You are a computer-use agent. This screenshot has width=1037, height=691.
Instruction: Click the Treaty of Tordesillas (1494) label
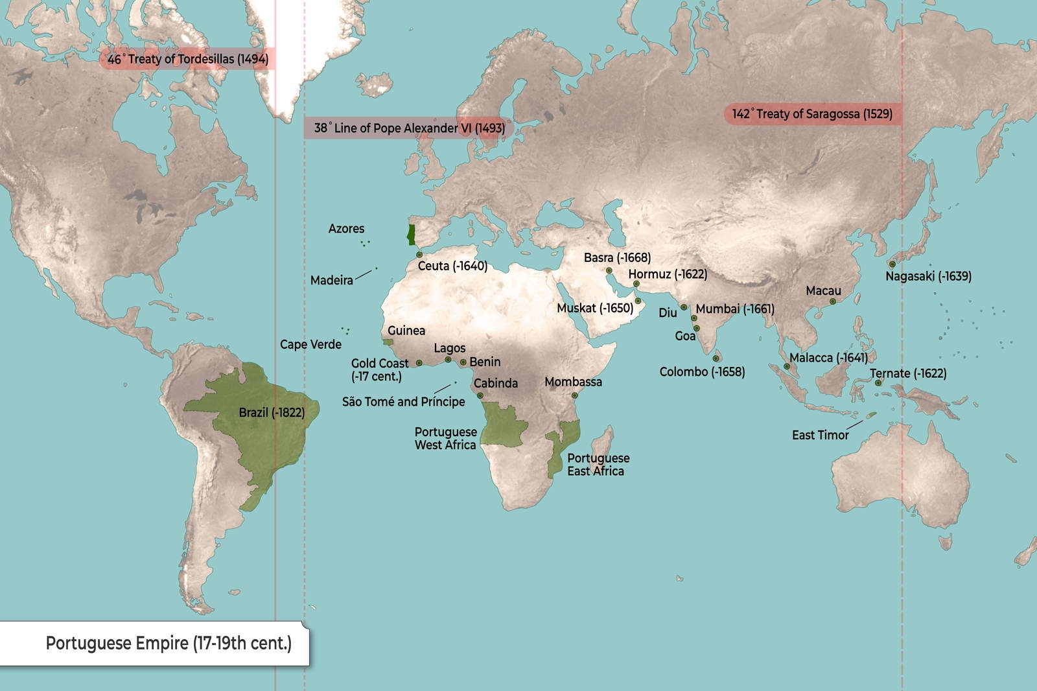[x=188, y=59]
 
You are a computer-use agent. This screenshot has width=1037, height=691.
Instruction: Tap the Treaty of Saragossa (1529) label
[x=812, y=114]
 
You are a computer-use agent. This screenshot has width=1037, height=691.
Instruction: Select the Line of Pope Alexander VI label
[x=409, y=128]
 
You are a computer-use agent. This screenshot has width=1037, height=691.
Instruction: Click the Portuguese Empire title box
[x=169, y=643]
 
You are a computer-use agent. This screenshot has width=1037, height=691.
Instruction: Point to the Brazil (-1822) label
[x=272, y=412]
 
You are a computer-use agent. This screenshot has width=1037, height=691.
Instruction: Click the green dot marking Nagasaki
[x=892, y=264]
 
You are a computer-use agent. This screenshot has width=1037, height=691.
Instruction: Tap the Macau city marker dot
[x=833, y=301]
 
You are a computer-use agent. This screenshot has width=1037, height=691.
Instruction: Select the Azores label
[x=346, y=229]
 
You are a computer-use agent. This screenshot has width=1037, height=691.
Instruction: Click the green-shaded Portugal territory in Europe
[x=410, y=234]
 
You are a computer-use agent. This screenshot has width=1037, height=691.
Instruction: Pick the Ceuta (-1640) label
[x=452, y=266]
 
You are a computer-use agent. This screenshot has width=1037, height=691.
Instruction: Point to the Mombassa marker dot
[x=574, y=395]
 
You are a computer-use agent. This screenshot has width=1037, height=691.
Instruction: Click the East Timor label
[x=820, y=435]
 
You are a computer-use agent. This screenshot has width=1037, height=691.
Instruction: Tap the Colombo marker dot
[x=716, y=358]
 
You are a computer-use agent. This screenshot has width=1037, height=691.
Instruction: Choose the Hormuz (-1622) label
[x=668, y=274]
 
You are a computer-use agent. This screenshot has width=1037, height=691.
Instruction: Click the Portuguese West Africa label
[x=445, y=438]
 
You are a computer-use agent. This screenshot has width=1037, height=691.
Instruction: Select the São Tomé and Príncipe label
[x=403, y=402]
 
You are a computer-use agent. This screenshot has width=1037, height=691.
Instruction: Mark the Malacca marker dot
[x=787, y=366]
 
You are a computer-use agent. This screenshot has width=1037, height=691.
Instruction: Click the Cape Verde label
[x=310, y=344]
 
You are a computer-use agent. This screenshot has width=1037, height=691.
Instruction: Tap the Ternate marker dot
[x=878, y=383]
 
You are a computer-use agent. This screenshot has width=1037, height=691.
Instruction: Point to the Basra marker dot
[x=609, y=270]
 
